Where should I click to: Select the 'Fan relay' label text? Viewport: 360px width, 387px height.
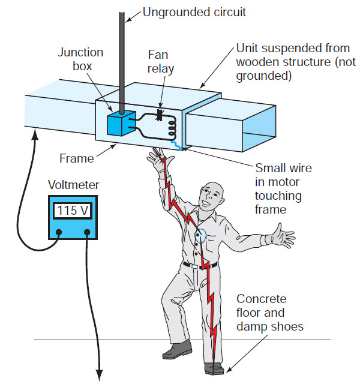[x=161, y=61]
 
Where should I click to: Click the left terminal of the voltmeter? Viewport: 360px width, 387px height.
[x=59, y=233]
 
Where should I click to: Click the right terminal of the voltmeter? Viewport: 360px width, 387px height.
[x=88, y=233]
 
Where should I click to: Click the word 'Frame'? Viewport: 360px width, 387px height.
[x=76, y=159]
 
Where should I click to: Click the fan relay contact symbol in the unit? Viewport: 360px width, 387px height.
[x=161, y=112]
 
